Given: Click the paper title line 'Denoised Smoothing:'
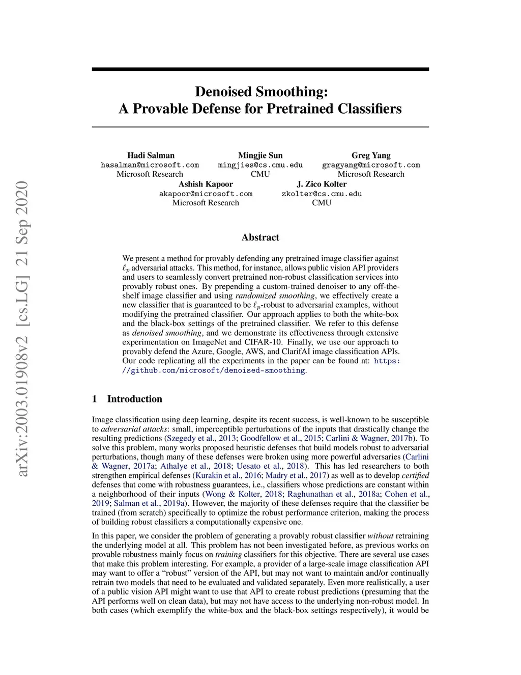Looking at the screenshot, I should point(261,92).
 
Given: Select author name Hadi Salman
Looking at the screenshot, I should point(151,155).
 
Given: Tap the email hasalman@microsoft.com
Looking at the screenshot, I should point(150,165).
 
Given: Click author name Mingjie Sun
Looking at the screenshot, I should point(260,155).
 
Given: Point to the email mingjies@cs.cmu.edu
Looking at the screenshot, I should point(260,165).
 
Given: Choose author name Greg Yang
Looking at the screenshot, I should point(371,155).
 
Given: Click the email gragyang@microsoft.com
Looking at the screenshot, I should point(371,165).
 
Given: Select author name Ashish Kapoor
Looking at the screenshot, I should point(206,184).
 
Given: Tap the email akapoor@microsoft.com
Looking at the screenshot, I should point(206,194).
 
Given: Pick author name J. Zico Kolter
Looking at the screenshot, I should point(322,184).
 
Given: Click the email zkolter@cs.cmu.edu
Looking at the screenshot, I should point(322,194).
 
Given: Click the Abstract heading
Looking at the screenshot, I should point(260,237).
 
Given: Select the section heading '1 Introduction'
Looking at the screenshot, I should point(127,399).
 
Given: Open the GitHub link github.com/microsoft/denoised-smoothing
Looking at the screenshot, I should point(214,370).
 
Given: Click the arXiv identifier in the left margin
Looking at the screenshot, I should point(23,329).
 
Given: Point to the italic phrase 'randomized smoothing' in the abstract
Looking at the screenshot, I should point(275,295).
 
